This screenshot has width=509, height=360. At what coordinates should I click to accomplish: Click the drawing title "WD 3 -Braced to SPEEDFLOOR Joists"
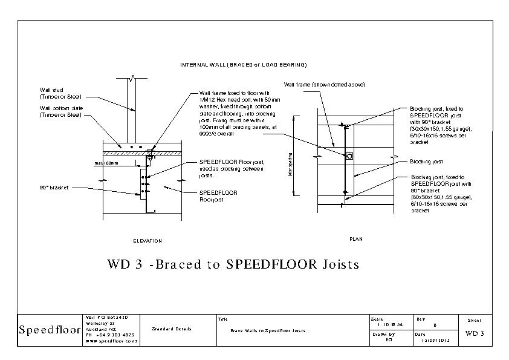(233, 264)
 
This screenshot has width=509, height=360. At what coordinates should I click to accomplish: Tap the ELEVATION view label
(148, 241)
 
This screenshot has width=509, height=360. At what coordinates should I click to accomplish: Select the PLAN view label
(356, 239)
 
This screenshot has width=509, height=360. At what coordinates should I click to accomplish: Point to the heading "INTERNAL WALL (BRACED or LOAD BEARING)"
(244, 65)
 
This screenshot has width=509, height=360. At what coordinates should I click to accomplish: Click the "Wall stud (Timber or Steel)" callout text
(60, 93)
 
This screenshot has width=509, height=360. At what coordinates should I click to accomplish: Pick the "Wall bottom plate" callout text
(61, 111)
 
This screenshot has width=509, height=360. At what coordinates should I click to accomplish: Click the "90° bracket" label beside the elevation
(54, 188)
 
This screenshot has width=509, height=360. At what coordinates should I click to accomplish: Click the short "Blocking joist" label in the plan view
(426, 162)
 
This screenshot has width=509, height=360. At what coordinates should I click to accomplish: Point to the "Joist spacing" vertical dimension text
(291, 164)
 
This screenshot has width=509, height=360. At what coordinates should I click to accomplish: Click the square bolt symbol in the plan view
(349, 155)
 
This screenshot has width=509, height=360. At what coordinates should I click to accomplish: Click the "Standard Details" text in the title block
(172, 329)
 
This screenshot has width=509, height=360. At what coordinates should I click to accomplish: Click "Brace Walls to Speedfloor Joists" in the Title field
(268, 331)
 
